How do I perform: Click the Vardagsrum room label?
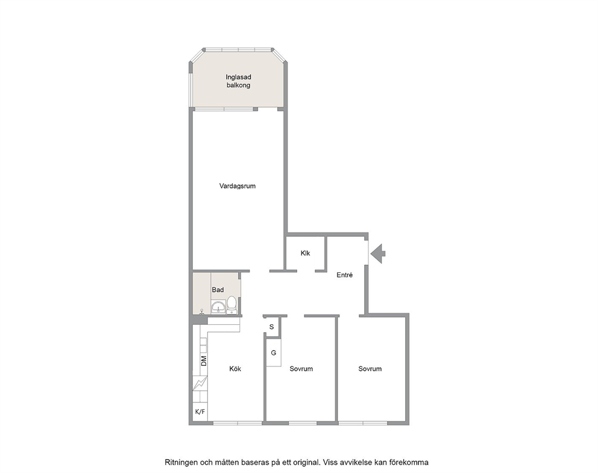[x=238, y=186]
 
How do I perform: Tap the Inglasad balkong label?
[x=238, y=81]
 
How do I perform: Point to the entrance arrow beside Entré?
[x=378, y=254]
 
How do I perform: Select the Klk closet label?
[x=305, y=253]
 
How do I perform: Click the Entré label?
[x=344, y=275]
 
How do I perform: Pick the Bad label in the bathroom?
[x=218, y=290]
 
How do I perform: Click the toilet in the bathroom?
[x=232, y=305]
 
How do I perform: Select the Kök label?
[x=235, y=369]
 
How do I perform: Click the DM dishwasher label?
[x=204, y=361]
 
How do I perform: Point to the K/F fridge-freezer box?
[x=200, y=412]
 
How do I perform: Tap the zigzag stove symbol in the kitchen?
[x=200, y=383]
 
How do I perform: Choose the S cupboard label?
[x=271, y=327]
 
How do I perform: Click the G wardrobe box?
[x=274, y=352]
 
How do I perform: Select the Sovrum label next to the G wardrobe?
[x=301, y=369]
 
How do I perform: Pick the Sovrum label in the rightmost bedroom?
[x=370, y=369]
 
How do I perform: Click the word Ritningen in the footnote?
[x=182, y=462]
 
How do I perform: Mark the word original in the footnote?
[x=306, y=462]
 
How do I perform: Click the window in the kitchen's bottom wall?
[x=238, y=423]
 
